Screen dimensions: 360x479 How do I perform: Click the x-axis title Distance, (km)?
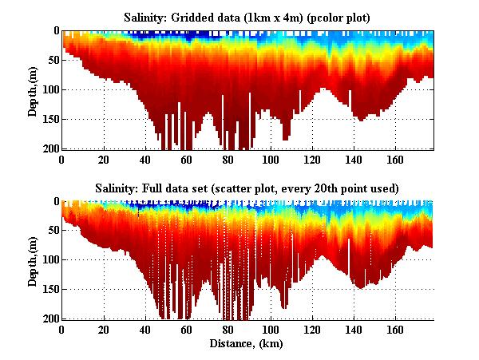pos(248,343)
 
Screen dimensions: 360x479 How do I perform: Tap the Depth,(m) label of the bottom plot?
pos(33,262)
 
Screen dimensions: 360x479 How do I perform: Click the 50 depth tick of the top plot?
pos(52,61)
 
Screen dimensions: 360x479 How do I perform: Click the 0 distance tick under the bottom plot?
pos(62,330)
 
